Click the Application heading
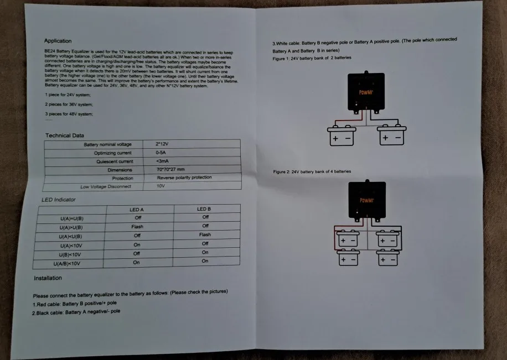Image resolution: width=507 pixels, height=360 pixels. pyautogui.click(x=58, y=40)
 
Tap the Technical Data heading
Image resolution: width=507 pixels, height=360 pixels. pyautogui.click(x=65, y=135)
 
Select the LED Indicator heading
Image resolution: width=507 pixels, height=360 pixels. pyautogui.click(x=59, y=199)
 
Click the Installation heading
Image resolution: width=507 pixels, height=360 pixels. pyautogui.click(x=48, y=278)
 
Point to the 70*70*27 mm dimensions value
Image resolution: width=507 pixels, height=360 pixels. pyautogui.click(x=170, y=169)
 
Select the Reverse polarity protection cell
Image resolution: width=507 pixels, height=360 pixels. pyautogui.click(x=184, y=178)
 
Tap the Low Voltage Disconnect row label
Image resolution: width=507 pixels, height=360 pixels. pyautogui.click(x=106, y=186)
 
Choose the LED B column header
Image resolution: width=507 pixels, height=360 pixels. pyautogui.click(x=204, y=209)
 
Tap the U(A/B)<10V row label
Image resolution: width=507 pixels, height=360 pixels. pyautogui.click(x=70, y=263)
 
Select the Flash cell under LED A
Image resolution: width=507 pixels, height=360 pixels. pyautogui.click(x=137, y=227)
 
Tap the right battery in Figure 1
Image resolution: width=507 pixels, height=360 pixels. pyautogui.click(x=392, y=136)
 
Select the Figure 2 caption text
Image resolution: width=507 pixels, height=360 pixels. pyautogui.click(x=312, y=171)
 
